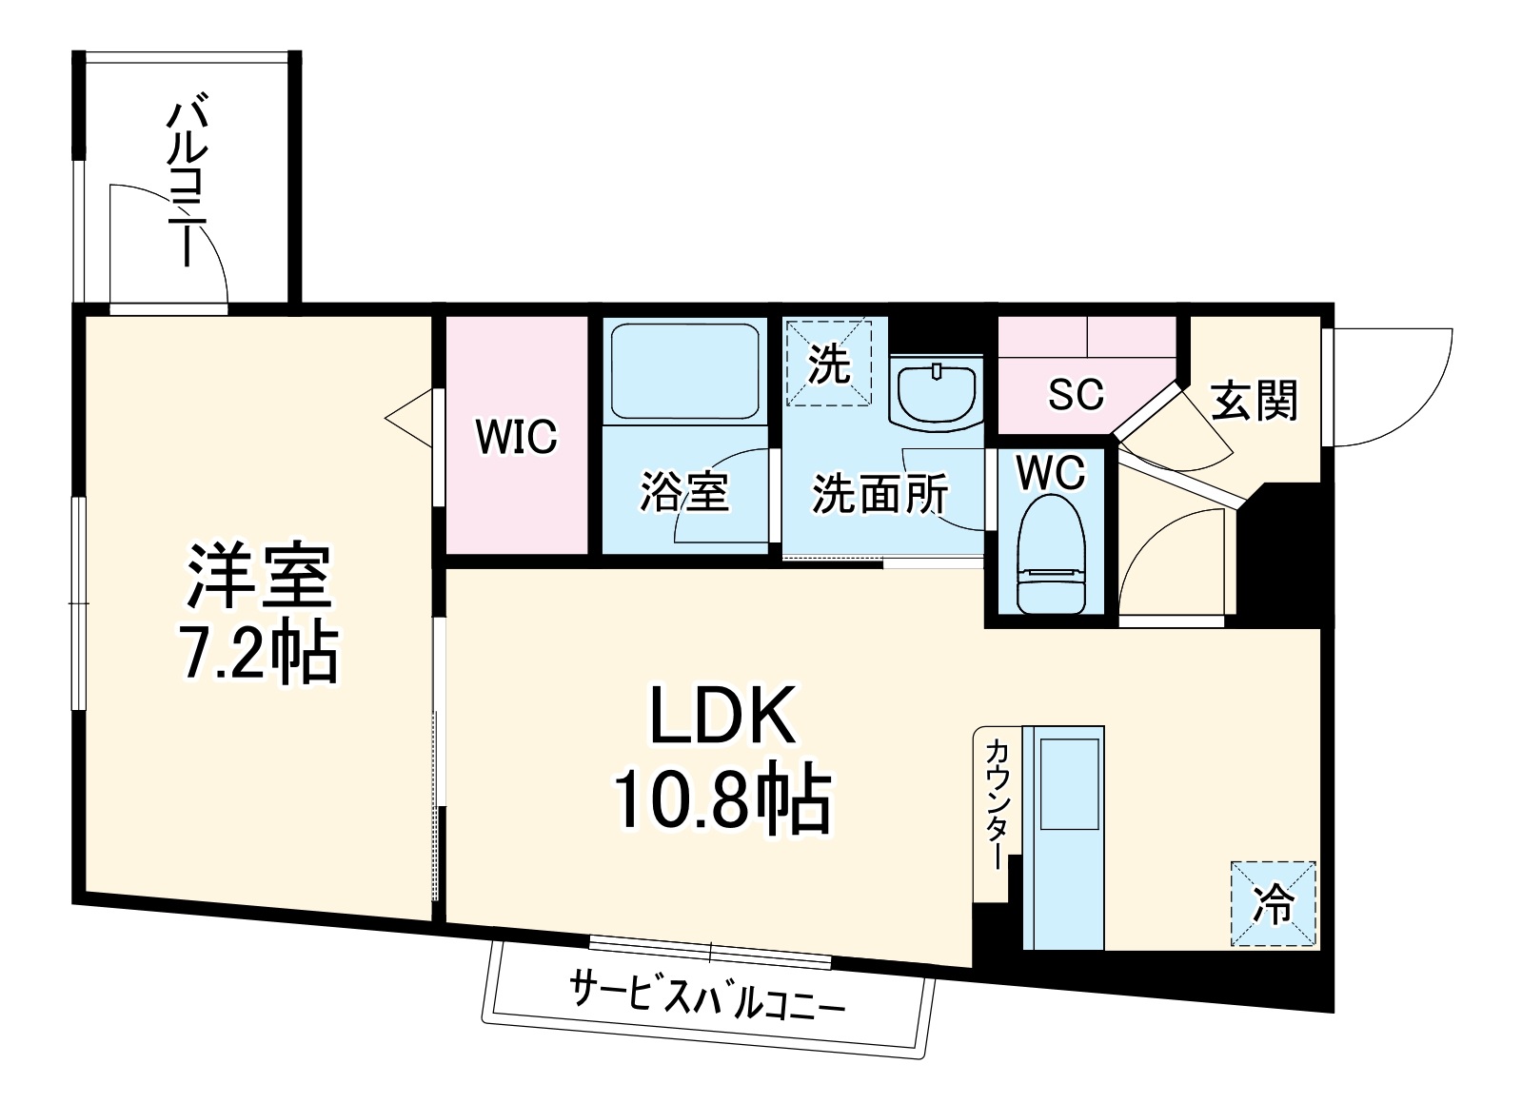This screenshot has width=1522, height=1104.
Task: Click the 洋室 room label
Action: tap(259, 578)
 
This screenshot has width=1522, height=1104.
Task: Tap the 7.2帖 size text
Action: tap(259, 653)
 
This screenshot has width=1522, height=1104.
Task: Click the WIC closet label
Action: tap(516, 437)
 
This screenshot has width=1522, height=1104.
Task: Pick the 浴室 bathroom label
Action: tap(683, 493)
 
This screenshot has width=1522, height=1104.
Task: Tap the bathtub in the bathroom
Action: tap(684, 372)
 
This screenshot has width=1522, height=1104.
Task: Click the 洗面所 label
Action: tap(879, 493)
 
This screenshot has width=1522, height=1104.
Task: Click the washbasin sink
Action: tap(938, 391)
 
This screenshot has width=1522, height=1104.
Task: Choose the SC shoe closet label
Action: tap(1075, 393)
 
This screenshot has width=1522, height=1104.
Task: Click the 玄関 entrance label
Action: tap(1255, 401)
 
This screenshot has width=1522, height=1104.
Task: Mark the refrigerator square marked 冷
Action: tap(1273, 905)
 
